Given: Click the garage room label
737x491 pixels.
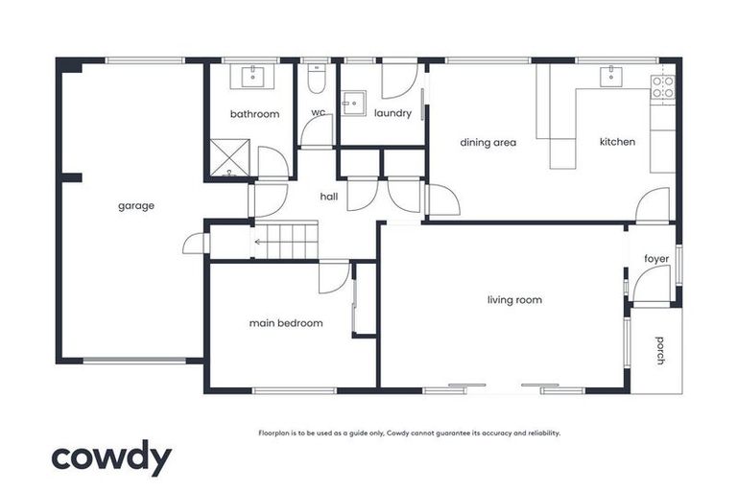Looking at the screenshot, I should [136, 205].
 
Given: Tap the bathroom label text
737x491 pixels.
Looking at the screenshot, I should [254, 114].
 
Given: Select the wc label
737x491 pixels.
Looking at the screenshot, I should [318, 113].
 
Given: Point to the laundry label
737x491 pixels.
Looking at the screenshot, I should [392, 113].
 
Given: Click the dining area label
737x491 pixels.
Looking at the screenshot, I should [487, 143].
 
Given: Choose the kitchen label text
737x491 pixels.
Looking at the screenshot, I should [617, 142].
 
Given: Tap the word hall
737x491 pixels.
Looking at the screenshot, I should [329, 197].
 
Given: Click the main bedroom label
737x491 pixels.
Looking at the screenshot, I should [286, 323].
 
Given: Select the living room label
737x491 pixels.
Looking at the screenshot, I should [514, 300].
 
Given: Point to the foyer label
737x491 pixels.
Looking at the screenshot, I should [656, 258].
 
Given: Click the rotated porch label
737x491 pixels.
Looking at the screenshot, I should [660, 350].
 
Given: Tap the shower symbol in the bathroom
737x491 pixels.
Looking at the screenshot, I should [229, 157].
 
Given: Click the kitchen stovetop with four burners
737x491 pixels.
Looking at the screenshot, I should [662, 86].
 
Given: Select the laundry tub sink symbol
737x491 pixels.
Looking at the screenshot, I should [354, 102].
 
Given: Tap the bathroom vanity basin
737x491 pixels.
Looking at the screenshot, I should [253, 76].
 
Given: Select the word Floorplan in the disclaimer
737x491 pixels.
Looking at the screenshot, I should [276, 433].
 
